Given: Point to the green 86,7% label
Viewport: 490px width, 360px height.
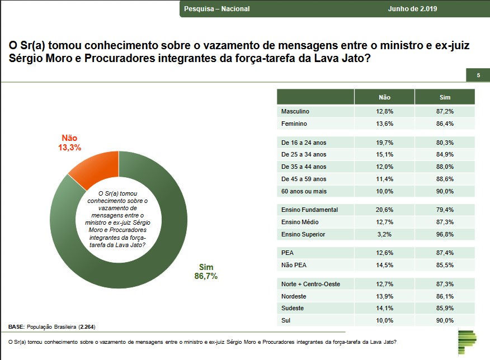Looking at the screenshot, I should tap(206, 276).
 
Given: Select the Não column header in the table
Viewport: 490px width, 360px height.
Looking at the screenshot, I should tap(384, 97).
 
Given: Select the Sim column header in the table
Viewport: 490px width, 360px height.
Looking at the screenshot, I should tap(445, 97).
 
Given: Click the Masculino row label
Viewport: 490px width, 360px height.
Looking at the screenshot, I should tap(295, 111).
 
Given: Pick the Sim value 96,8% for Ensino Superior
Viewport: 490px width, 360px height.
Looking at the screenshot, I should tap(445, 234).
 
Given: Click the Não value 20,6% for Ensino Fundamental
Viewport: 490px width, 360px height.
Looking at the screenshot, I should tap(384, 210).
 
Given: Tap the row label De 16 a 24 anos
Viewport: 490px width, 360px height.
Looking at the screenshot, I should tap(304, 143).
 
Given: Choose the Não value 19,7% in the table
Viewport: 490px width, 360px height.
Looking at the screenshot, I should tap(384, 143).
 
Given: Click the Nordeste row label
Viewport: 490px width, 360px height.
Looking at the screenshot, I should tap(294, 296).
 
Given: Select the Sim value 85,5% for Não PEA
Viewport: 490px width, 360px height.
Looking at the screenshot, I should tap(445, 266).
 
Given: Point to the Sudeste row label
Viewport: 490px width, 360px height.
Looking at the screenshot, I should tap(293, 309).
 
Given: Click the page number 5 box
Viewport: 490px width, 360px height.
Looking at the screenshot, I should tap(478, 75).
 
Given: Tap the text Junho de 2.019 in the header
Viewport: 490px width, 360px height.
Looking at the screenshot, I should tap(412, 9).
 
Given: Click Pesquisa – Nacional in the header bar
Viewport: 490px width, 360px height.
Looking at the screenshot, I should tap(217, 9).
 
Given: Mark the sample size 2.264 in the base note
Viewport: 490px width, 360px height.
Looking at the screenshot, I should tap(87, 326).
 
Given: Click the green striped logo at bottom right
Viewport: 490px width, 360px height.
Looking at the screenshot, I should tap(467, 342).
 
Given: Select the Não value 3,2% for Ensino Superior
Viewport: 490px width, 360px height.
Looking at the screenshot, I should tap(384, 234).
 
